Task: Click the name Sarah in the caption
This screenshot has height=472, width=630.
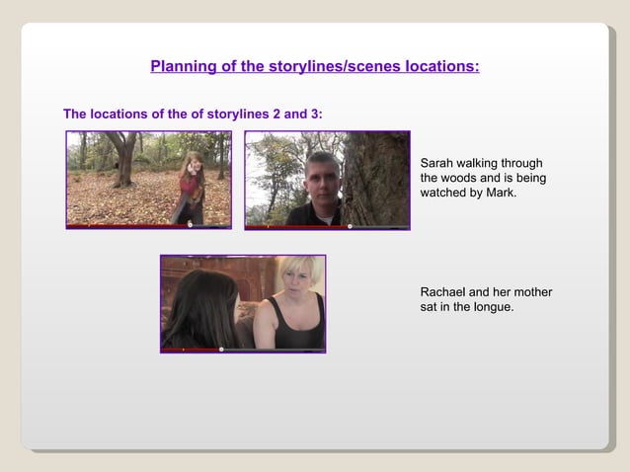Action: [x=438, y=162]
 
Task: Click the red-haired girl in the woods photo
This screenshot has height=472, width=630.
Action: [x=188, y=188]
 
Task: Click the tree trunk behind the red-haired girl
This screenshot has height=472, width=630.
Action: [x=123, y=158]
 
